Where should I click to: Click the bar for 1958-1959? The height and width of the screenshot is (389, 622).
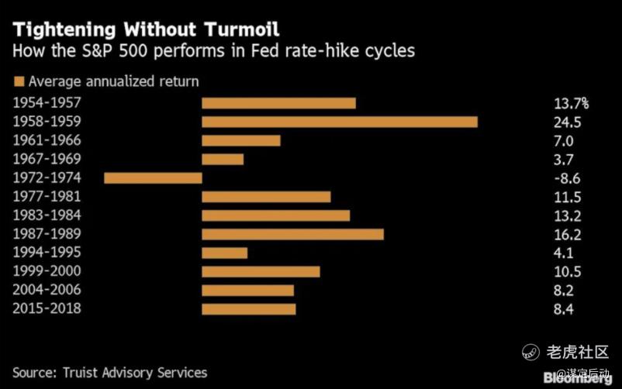pos(339,122)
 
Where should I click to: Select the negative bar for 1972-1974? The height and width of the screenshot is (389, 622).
pos(153,177)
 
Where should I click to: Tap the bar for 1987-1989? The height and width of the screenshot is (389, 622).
pos(292,234)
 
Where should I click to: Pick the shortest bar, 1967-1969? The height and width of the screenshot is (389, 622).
pos(223,159)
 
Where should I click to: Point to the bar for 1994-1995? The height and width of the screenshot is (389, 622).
pos(224,253)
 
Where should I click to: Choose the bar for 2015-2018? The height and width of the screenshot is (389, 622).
pos(248,308)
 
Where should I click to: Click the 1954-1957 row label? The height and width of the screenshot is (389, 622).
pos(47,102)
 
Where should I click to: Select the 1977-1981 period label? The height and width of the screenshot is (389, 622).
pos(47,196)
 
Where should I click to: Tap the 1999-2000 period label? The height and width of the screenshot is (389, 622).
pos(47,271)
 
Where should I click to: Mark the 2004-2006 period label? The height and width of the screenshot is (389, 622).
pos(47,290)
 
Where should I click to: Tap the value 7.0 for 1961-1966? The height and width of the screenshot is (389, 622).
pos(564,140)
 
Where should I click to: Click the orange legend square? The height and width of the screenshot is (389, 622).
pos(18,81)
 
